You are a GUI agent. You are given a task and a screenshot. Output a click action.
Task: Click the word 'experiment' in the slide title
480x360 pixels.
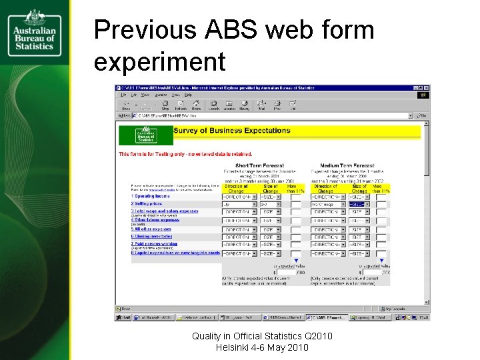coord(160,62)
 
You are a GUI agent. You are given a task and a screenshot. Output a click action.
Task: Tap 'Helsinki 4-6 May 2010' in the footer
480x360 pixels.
coord(262,348)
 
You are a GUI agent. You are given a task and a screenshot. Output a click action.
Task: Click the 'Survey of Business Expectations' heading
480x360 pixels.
coord(231,131)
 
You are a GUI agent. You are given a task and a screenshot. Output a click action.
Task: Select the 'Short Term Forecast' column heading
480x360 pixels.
coord(259,165)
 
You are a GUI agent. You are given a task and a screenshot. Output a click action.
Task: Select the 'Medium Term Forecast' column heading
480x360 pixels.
coord(346,165)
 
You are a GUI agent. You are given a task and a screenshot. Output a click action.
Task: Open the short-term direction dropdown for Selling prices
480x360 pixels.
coord(239,205)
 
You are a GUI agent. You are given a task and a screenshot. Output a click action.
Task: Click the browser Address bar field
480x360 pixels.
coord(267,115)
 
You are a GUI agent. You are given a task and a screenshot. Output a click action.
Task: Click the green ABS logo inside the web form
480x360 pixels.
coord(145,135)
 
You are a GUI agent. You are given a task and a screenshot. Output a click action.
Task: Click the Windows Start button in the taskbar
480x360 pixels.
coord(125,317)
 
